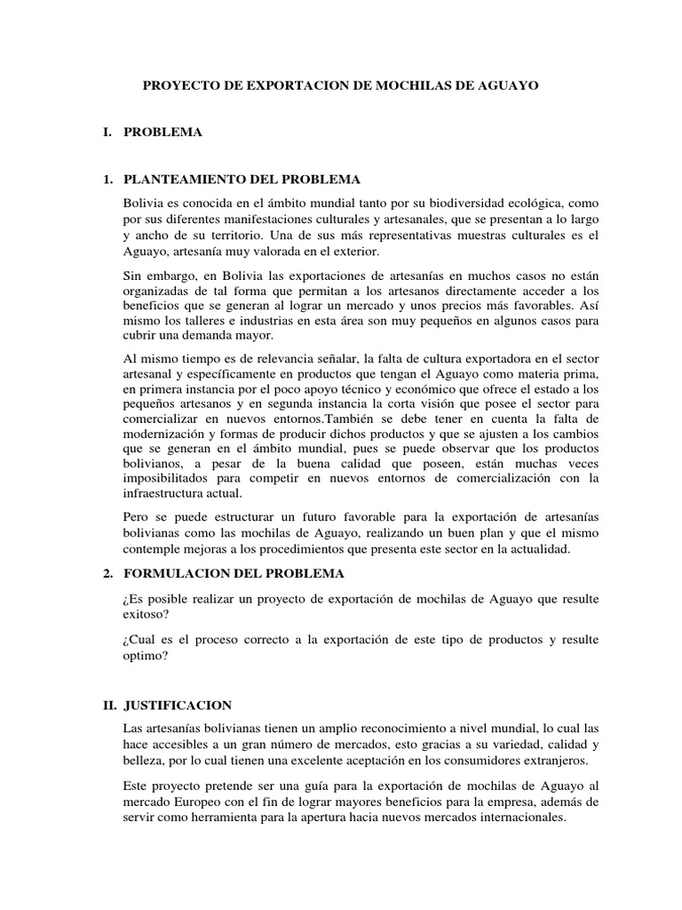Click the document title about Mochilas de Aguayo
tap(340, 86)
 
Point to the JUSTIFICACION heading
tap(178, 705)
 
